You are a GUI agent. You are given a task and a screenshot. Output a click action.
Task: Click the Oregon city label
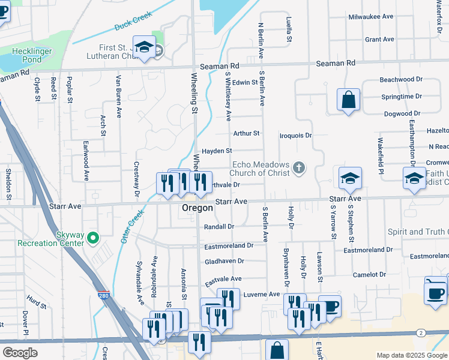197,208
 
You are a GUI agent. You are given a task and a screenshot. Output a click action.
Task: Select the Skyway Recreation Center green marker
92,238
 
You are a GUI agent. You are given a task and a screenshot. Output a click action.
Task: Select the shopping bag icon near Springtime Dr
348,100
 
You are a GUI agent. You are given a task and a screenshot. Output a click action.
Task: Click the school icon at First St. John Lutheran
144,47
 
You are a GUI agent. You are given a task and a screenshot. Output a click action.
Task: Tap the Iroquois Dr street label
296,136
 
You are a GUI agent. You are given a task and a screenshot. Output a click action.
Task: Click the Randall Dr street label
218,227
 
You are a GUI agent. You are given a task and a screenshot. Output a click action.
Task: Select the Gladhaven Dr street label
224,261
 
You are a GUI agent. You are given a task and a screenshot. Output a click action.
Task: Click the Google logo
20,353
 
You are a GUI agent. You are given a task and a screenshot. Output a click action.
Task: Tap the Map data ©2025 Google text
411,355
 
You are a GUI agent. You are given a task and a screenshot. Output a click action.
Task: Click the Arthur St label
246,133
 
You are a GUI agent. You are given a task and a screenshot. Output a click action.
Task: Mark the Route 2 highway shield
421,332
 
